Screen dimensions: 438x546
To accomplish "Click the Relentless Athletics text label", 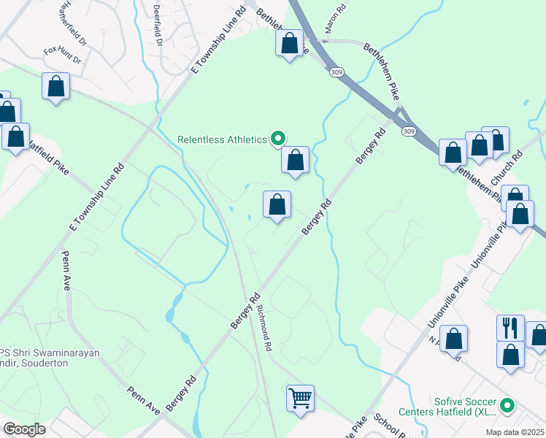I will (223, 139).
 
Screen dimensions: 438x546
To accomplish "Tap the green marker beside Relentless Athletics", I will (277, 137).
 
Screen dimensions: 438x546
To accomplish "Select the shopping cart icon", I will (300, 399).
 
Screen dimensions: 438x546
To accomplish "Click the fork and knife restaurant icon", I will (510, 328).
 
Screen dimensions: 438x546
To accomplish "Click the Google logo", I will (24, 429).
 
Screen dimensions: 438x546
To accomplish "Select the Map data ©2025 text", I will (515, 432).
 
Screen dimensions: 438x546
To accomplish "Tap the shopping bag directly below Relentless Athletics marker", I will (296, 159).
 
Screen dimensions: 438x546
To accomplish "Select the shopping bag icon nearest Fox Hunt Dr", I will (55, 86).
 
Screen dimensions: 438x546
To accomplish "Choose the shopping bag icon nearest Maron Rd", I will (290, 44).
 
